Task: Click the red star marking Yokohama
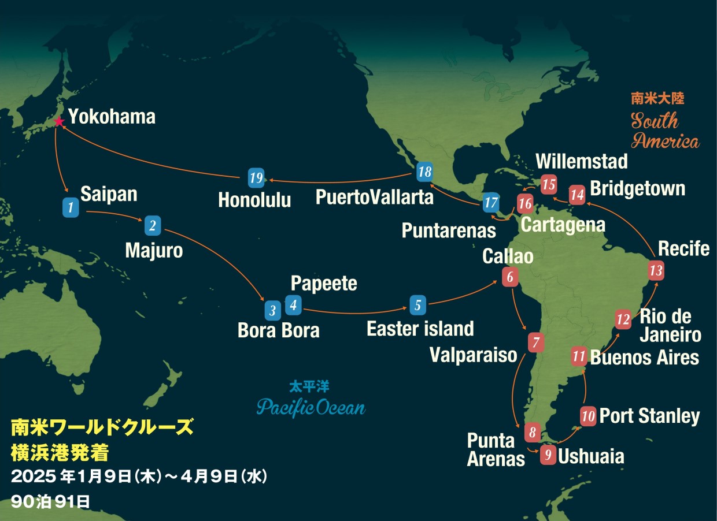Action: [x=58, y=121]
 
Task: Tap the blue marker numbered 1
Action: [x=71, y=207]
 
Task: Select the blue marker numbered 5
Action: [x=418, y=304]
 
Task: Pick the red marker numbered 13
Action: [x=656, y=270]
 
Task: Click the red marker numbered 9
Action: [x=548, y=455]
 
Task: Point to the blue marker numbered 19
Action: [x=256, y=177]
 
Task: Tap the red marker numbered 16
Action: [x=525, y=204]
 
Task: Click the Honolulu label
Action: [x=254, y=200]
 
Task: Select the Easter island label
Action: [x=420, y=329]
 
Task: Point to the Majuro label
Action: [x=154, y=250]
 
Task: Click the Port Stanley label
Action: [x=649, y=416]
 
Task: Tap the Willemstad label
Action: [x=581, y=162]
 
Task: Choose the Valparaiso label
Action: [x=473, y=355]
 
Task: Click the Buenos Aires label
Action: [x=644, y=358]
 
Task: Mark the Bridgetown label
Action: [x=637, y=189]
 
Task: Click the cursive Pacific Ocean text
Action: [x=311, y=407]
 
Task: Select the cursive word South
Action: [x=655, y=121]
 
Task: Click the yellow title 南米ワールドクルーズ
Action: [x=102, y=428]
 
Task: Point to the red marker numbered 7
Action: [x=536, y=343]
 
